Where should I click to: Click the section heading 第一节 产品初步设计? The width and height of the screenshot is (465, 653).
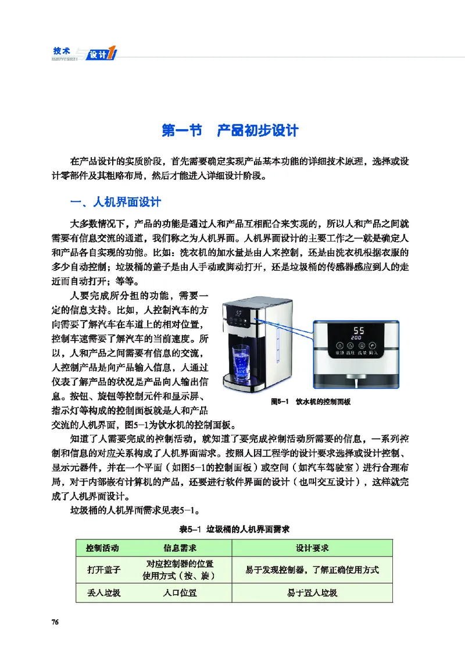tap(230, 130)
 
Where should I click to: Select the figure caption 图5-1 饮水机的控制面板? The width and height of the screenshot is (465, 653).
tap(311, 402)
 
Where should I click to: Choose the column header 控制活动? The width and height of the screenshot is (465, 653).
tap(103, 548)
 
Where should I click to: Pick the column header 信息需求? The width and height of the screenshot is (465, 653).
tap(179, 548)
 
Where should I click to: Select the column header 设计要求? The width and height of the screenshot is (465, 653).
tap(312, 548)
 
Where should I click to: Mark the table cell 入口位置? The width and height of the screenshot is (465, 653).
tap(179, 593)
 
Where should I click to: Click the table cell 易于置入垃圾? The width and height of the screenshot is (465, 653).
tap(312, 593)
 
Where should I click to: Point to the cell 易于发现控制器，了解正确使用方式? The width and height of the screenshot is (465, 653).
tap(312, 570)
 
